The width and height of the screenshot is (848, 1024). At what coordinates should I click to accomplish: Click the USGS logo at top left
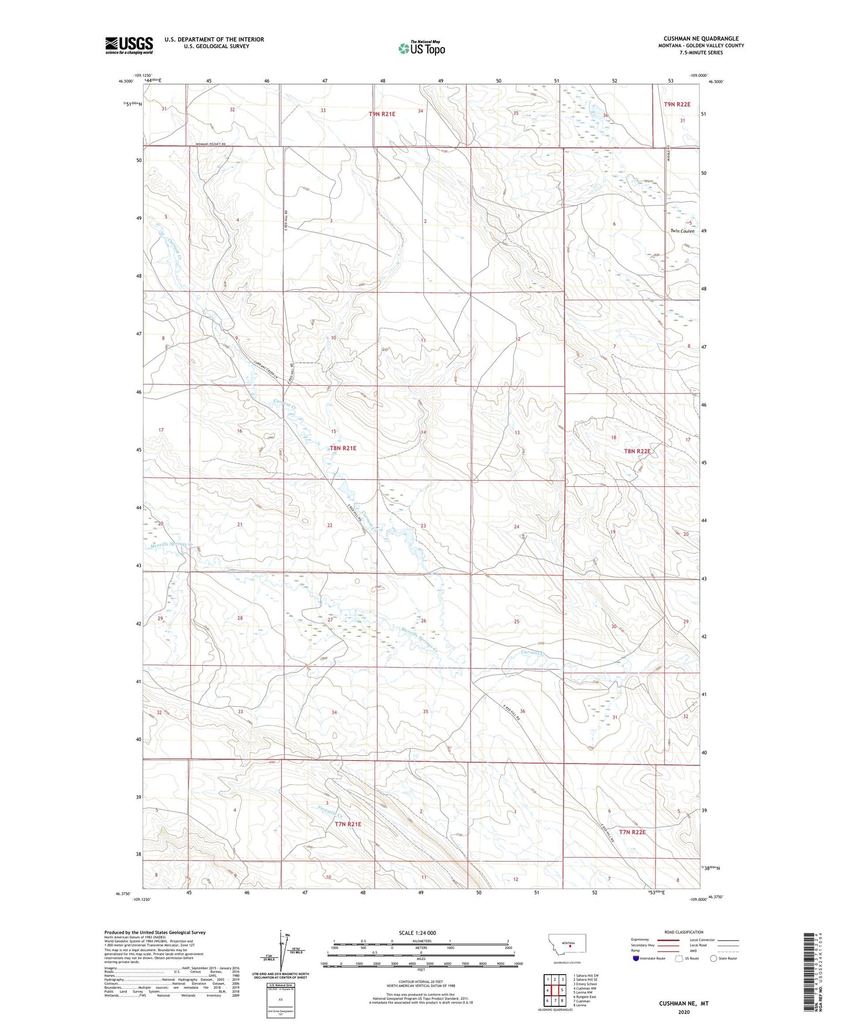pyautogui.click(x=129, y=45)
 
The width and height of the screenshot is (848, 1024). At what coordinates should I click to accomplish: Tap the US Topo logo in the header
pyautogui.click(x=421, y=49)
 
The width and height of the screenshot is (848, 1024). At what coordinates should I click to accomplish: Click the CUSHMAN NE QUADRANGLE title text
pyautogui.click(x=701, y=39)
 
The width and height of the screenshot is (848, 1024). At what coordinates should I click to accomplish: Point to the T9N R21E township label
pyautogui.click(x=382, y=114)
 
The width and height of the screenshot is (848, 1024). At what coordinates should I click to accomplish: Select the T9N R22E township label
pyautogui.click(x=677, y=104)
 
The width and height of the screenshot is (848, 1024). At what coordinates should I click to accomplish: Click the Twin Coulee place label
pyautogui.click(x=682, y=231)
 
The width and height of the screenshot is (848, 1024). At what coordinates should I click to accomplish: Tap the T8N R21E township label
pyautogui.click(x=343, y=448)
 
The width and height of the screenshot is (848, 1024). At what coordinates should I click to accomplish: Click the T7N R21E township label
pyautogui.click(x=347, y=824)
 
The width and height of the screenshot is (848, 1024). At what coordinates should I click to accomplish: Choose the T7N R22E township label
pyautogui.click(x=632, y=832)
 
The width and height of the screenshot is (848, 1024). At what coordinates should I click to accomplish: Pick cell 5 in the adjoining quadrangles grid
pyautogui.click(x=562, y=991)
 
